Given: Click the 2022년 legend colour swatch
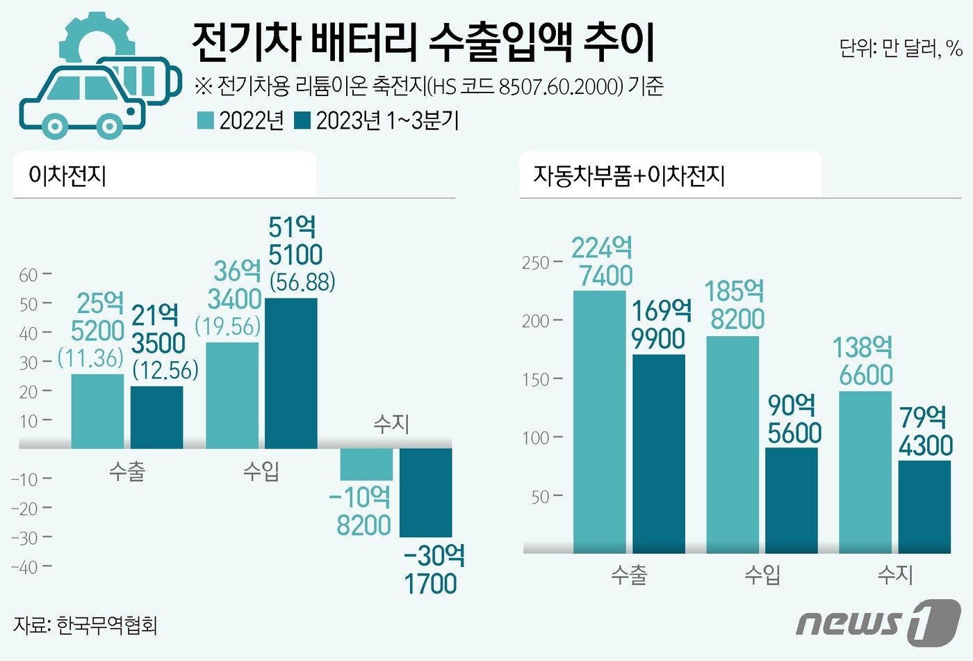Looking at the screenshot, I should coord(206,121).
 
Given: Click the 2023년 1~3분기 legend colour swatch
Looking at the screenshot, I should coord(302,121).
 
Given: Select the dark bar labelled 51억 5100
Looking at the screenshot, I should coord(291,373).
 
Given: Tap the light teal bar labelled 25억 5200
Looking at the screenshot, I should coord(98,411).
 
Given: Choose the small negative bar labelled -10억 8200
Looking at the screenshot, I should coord(366,464).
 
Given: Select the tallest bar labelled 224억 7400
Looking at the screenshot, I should coord(599,422).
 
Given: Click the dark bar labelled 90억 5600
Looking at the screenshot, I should coord(792,500).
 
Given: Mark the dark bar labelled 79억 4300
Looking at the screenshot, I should coord(924,507).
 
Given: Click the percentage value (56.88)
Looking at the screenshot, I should coord(302,282).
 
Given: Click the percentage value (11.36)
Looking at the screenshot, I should coord(90,358).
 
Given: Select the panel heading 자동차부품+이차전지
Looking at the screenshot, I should coord(629,175).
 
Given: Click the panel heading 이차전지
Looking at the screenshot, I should coord(67,175).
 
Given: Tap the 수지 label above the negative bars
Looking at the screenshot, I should coord(391,424).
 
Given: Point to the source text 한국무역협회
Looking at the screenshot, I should coord(107,625).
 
